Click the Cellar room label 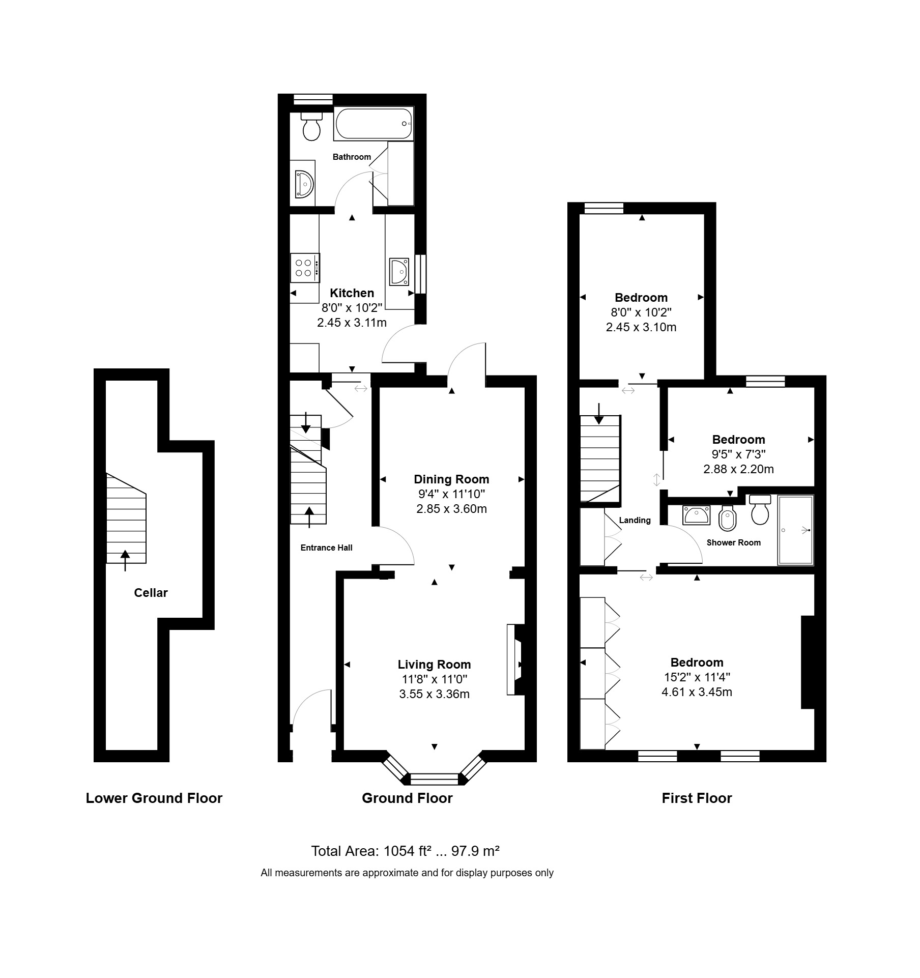pos(151,592)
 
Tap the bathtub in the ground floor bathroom pos(373,124)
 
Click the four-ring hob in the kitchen pos(305,268)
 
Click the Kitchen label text pos(352,293)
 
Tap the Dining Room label pos(451,479)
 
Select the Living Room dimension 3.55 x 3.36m pos(434,694)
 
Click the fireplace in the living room pos(515,659)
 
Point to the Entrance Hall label pos(326,548)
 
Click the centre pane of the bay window pos(434,779)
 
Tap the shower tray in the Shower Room pos(795,530)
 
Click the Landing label pos(635,520)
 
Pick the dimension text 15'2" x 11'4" pos(697,677)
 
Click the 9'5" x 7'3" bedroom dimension pos(738,454)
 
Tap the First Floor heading pos(697,798)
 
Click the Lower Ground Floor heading pos(154,798)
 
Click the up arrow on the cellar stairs pos(125,560)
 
